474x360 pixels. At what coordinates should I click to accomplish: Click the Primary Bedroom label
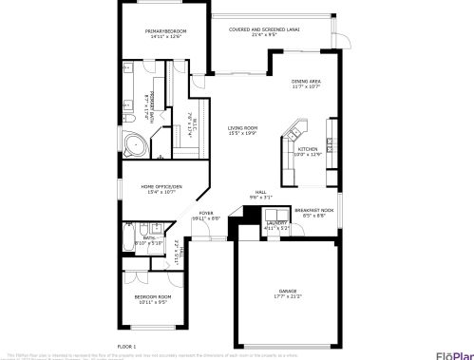[x=165, y=31]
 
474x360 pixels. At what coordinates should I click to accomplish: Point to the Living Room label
[x=241, y=128]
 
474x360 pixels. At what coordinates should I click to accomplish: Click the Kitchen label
[x=308, y=149]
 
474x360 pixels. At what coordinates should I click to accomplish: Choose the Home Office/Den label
[x=161, y=186]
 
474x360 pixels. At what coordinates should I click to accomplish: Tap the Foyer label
[x=206, y=213]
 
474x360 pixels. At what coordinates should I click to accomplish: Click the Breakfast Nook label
[x=313, y=209]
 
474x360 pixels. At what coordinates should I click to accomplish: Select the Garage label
[x=288, y=291]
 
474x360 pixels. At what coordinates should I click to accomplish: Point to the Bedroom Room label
[x=154, y=297]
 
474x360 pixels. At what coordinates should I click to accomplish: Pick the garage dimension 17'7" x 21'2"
[x=288, y=296]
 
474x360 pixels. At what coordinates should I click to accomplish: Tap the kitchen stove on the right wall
[x=330, y=144]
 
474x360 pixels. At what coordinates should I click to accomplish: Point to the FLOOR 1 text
[x=126, y=346]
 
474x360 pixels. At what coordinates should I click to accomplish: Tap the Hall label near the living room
[x=260, y=192]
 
